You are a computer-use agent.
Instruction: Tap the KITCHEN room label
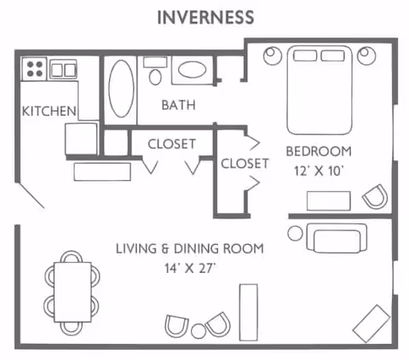[x=49, y=111]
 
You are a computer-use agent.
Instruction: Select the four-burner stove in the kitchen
[x=35, y=68]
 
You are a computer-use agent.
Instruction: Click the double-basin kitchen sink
[x=63, y=68]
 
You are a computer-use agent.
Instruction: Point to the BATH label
[x=179, y=106]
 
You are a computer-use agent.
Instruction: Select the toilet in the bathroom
[x=155, y=73]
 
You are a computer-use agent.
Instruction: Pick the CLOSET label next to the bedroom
[x=245, y=163]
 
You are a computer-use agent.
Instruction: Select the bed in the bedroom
[x=320, y=90]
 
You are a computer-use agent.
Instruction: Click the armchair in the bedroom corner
[x=373, y=198]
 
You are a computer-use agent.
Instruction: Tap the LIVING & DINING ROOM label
[x=189, y=248]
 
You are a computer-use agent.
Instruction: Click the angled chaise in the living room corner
[x=372, y=322]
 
